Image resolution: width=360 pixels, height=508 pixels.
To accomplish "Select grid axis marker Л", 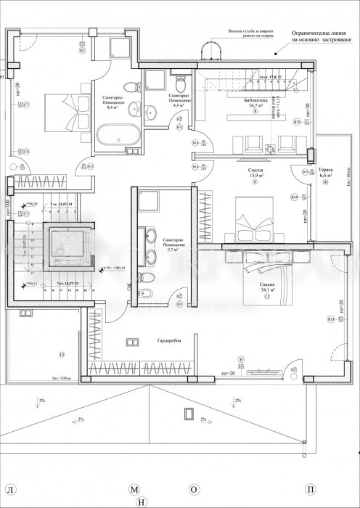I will pyautogui.click(x=8, y=491).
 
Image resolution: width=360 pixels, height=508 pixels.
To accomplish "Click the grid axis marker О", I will pyautogui.click(x=194, y=491).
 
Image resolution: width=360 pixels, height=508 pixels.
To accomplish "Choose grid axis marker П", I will pyautogui.click(x=311, y=491).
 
